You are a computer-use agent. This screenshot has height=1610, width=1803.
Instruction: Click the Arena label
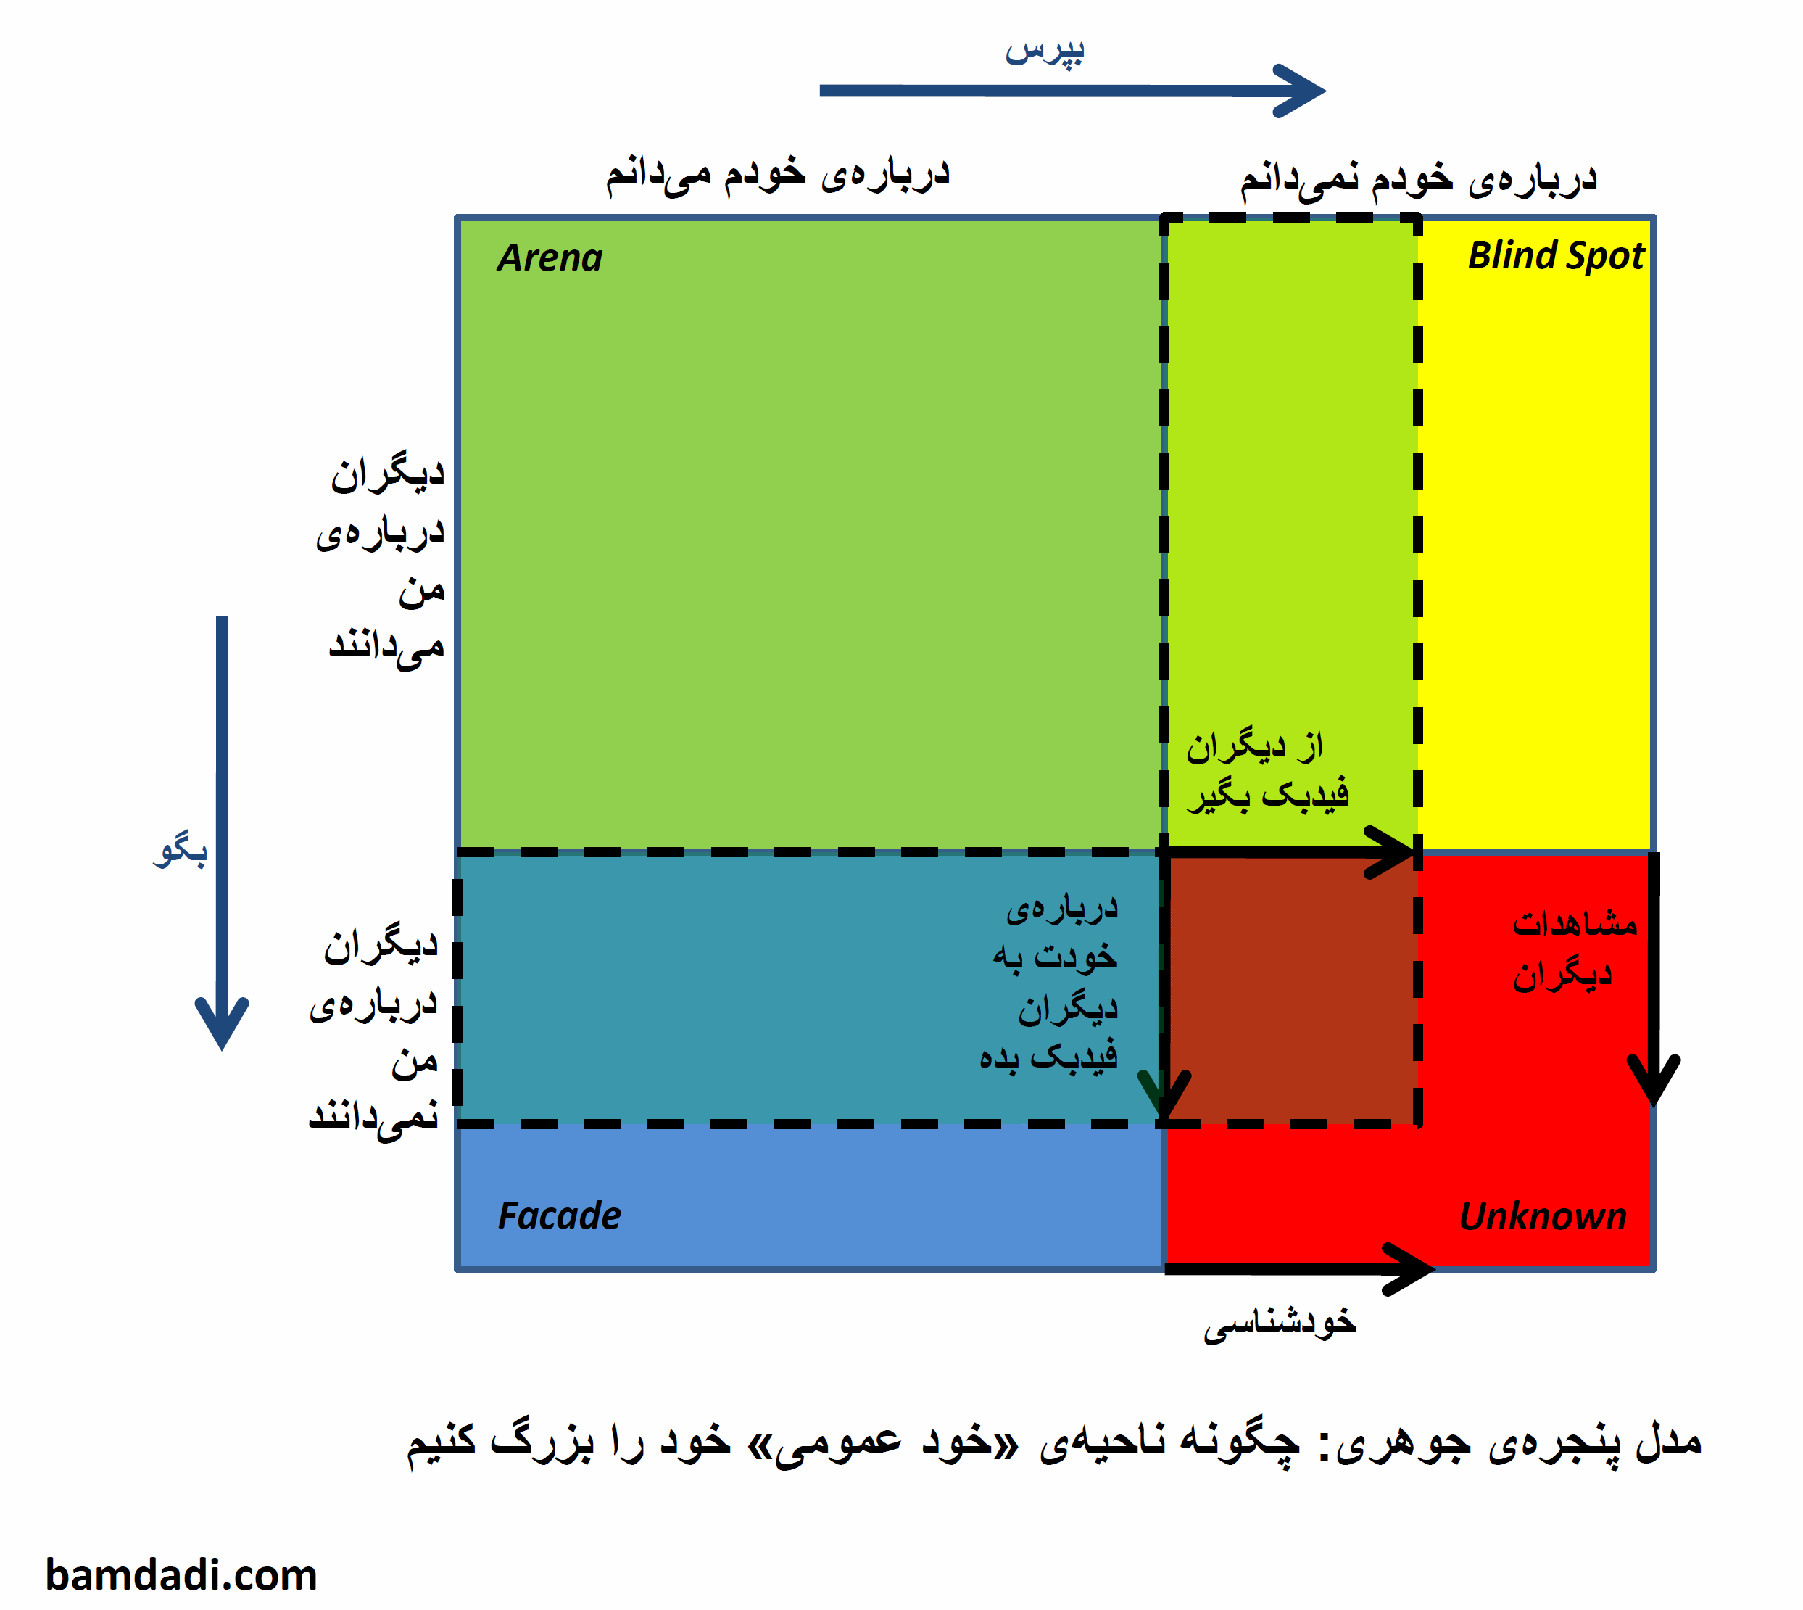[x=549, y=257]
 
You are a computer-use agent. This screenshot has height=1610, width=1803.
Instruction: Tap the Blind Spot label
[x=1555, y=256]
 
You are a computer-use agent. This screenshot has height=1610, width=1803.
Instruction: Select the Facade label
[x=559, y=1215]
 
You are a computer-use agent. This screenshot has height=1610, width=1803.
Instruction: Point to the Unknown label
[x=1543, y=1216]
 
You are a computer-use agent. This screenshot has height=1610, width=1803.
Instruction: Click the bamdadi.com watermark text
[x=181, y=1574]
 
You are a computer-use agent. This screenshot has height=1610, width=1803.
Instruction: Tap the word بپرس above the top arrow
[x=1043, y=51]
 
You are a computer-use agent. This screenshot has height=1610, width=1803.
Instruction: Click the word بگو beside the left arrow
[x=181, y=850]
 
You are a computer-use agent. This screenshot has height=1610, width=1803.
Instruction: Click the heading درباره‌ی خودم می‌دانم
[x=777, y=173]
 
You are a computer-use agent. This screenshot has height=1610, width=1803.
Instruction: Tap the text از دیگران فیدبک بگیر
[x=1267, y=770]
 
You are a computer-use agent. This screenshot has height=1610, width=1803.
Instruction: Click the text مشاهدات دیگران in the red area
[x=1574, y=949]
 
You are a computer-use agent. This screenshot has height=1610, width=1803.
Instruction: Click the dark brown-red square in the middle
[x=1291, y=988]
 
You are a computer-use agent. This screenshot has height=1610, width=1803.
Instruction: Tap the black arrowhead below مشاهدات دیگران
[x=1654, y=1081]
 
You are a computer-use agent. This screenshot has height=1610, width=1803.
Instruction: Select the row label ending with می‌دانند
[x=381, y=563]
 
